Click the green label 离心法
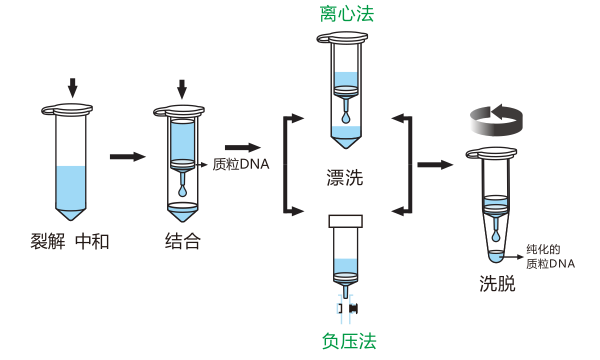346,15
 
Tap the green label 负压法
349,341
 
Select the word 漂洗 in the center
345,178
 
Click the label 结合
183,241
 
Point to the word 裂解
48,242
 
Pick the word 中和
92,242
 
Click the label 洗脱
497,283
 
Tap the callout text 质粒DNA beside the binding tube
241,165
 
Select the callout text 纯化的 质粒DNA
550,257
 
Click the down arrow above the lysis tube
72,88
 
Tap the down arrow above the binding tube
182,89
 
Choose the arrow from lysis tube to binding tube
128,156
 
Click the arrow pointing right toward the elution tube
435,165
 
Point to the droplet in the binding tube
183,191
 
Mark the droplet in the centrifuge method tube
346,117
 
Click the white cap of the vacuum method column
346,221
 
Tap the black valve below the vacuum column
354,308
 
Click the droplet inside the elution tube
496,237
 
